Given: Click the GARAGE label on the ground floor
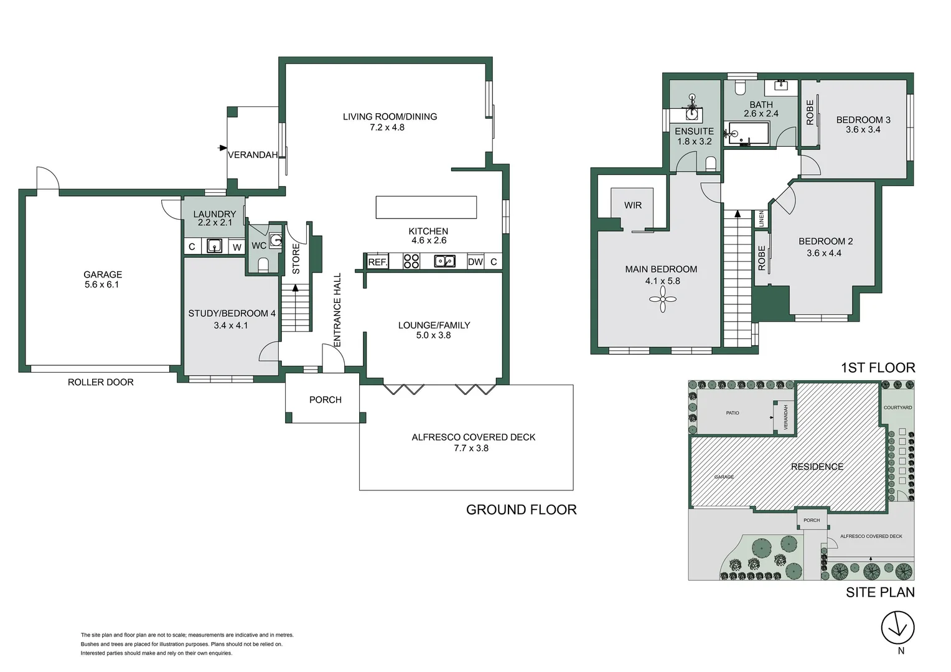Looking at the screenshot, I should pos(103,274).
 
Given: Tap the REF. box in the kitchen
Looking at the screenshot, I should pos(377,262).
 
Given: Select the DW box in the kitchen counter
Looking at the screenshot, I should pos(475,262).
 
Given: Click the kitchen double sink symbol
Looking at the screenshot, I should pos(444,261).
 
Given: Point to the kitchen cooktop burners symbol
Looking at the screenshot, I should pos(411,261).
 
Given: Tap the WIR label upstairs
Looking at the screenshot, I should pos(632,205).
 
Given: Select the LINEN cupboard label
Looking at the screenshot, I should pos(761,218).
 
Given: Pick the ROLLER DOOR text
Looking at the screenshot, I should pos(101,382).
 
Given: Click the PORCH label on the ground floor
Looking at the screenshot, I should pos(325,399).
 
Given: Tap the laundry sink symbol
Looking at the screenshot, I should pos(214,246).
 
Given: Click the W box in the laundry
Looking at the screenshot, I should pos(237,247).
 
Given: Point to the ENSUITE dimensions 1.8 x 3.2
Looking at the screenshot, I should pos(694,141).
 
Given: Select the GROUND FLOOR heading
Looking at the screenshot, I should pos(521,510).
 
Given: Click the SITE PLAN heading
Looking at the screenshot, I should pos(880,592).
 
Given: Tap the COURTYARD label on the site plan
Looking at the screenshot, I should pos(897,408).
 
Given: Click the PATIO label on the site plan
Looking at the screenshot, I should pos(732,413).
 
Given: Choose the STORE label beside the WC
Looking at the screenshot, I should pos(296,258).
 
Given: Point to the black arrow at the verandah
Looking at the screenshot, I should pos(222,148).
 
